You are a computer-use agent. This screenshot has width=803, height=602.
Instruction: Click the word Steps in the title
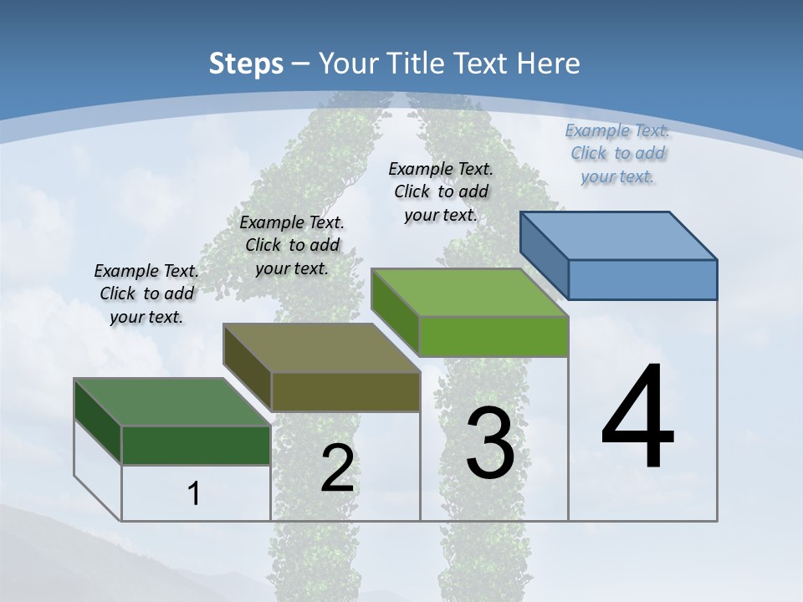(246, 64)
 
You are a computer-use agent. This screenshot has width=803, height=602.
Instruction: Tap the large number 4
(637, 418)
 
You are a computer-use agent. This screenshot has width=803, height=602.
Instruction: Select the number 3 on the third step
(490, 443)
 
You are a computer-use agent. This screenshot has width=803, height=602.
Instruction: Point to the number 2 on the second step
(337, 468)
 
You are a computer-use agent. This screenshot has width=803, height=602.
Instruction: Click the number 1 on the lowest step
(193, 493)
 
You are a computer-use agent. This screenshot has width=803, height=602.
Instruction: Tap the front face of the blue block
(642, 279)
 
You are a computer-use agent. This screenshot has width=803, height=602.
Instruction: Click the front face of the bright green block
(494, 336)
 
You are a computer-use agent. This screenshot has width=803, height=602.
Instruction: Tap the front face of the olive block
(345, 391)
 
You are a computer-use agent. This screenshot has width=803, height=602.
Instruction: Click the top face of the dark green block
(171, 401)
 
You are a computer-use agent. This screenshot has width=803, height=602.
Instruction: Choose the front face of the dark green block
(196, 445)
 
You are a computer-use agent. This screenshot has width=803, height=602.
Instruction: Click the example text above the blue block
(617, 153)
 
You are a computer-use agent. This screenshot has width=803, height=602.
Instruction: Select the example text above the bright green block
(441, 191)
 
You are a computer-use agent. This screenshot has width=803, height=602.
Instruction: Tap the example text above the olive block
(292, 245)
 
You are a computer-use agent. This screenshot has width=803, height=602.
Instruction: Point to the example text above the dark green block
(146, 293)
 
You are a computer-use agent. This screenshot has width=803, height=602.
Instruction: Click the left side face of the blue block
(544, 255)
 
